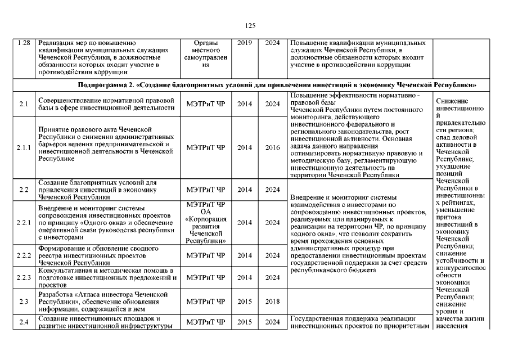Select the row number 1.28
(x=24, y=43)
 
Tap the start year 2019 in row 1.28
(x=245, y=43)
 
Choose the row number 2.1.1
(x=24, y=148)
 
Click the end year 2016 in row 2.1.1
(x=272, y=148)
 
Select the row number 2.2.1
(x=24, y=222)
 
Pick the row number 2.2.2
(x=24, y=255)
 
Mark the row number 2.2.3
(x=24, y=277)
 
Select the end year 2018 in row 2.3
(x=272, y=301)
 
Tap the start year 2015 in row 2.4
(x=245, y=322)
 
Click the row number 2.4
(x=24, y=322)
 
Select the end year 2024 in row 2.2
(x=272, y=190)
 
